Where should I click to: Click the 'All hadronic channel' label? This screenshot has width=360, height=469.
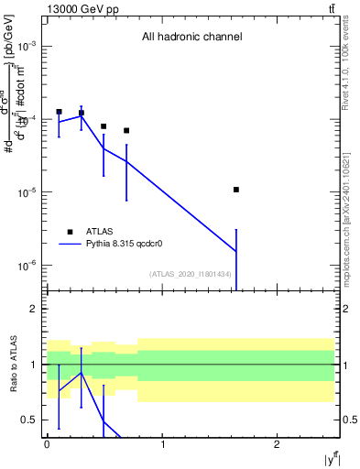click(191, 38)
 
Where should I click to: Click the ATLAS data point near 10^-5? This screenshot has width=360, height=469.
click(236, 190)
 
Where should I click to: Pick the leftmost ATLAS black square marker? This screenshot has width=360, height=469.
click(59, 112)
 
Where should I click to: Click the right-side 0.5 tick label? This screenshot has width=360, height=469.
click(349, 420)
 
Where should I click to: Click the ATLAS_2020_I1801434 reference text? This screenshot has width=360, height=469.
click(190, 274)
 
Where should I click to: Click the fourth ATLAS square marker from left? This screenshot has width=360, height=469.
click(126, 130)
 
